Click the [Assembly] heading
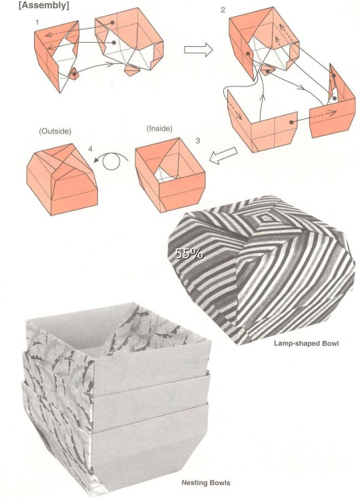tap(44, 5)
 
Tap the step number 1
tap(37, 22)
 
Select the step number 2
tap(223, 10)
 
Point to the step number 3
tap(197, 140)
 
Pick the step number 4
tap(91, 148)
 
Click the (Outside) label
tap(55, 131)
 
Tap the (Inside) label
tap(159, 129)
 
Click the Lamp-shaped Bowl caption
tap(306, 344)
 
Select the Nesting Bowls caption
tap(206, 483)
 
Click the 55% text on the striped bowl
tap(189, 254)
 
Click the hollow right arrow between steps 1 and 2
tap(198, 50)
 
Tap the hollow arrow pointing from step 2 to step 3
tap(223, 156)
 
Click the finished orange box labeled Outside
tap(62, 179)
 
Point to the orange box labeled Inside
tap(170, 175)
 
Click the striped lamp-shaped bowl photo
tap(261, 269)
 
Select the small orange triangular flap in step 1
tap(73, 73)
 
